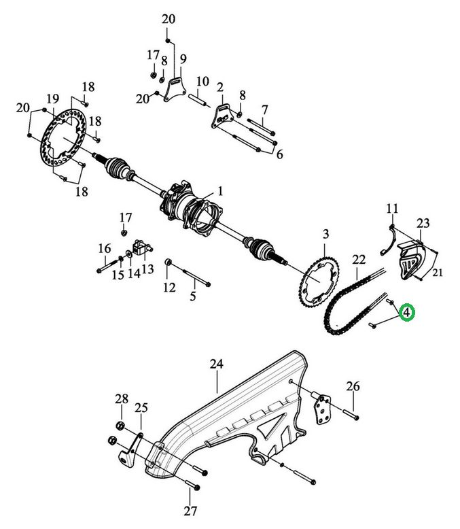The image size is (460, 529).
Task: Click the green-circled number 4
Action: (x=407, y=313)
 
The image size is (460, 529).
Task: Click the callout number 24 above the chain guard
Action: (x=217, y=364)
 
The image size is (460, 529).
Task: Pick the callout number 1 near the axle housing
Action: (x=220, y=192)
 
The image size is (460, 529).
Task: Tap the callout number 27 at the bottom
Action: (x=190, y=511)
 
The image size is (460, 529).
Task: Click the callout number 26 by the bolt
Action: (x=353, y=386)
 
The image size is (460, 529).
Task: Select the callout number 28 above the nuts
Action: (x=122, y=398)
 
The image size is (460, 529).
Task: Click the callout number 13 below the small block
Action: (x=147, y=269)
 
